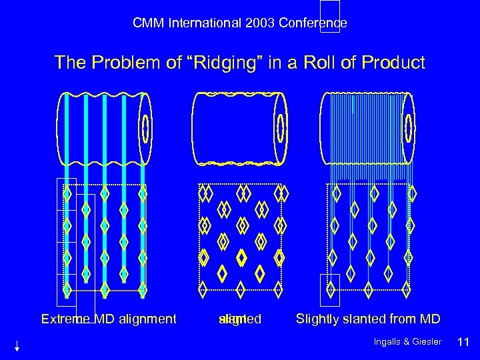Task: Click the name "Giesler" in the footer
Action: pos(427,342)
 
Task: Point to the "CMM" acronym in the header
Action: pos(147,23)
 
